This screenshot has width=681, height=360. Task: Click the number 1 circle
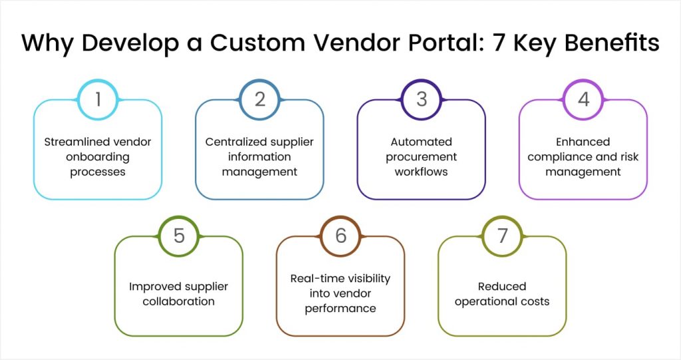point(98,100)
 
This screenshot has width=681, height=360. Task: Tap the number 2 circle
point(260,100)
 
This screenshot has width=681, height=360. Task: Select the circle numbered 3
point(422,100)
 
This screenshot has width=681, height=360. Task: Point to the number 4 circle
point(583,100)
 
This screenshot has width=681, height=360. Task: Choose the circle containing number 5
point(179,236)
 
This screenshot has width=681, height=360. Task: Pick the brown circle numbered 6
point(340,236)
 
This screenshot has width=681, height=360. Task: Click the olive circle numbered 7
point(502,236)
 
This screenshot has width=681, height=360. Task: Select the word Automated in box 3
point(422,142)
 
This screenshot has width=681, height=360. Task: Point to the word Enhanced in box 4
point(583,142)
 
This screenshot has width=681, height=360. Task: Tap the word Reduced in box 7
point(502,286)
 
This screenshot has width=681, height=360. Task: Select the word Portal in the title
point(450,43)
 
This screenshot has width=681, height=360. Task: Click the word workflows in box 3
point(422,172)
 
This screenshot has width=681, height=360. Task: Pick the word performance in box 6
point(340,308)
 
